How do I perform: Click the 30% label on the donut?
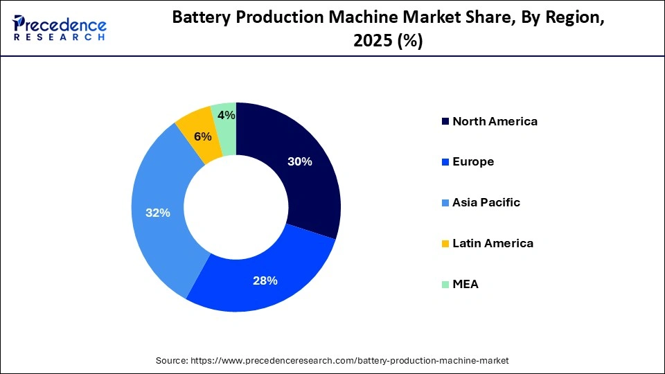pos(300,162)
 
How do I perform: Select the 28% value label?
pos(265,280)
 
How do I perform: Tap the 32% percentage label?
pos(157,213)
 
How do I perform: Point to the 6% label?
pos(202,137)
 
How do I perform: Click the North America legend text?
pos(495,121)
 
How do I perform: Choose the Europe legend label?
pos(473,161)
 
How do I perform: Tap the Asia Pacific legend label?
pos(486,202)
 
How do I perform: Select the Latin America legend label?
pos(493,243)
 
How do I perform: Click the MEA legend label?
pos(465,284)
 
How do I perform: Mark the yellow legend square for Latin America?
pos(444,243)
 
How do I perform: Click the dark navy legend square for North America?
pos(444,121)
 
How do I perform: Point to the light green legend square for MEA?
pos(444,284)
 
